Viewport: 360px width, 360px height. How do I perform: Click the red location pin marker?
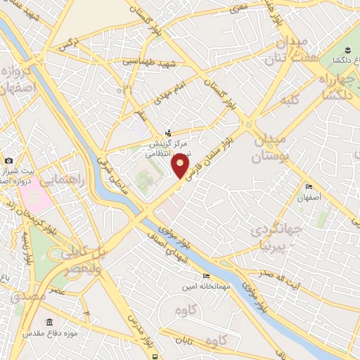[x=181, y=167]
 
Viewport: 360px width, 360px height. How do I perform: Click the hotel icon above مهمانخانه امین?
[x=205, y=276]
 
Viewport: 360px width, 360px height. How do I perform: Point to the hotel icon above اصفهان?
[x=309, y=187]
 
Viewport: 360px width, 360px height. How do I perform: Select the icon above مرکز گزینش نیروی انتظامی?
[x=168, y=132]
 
